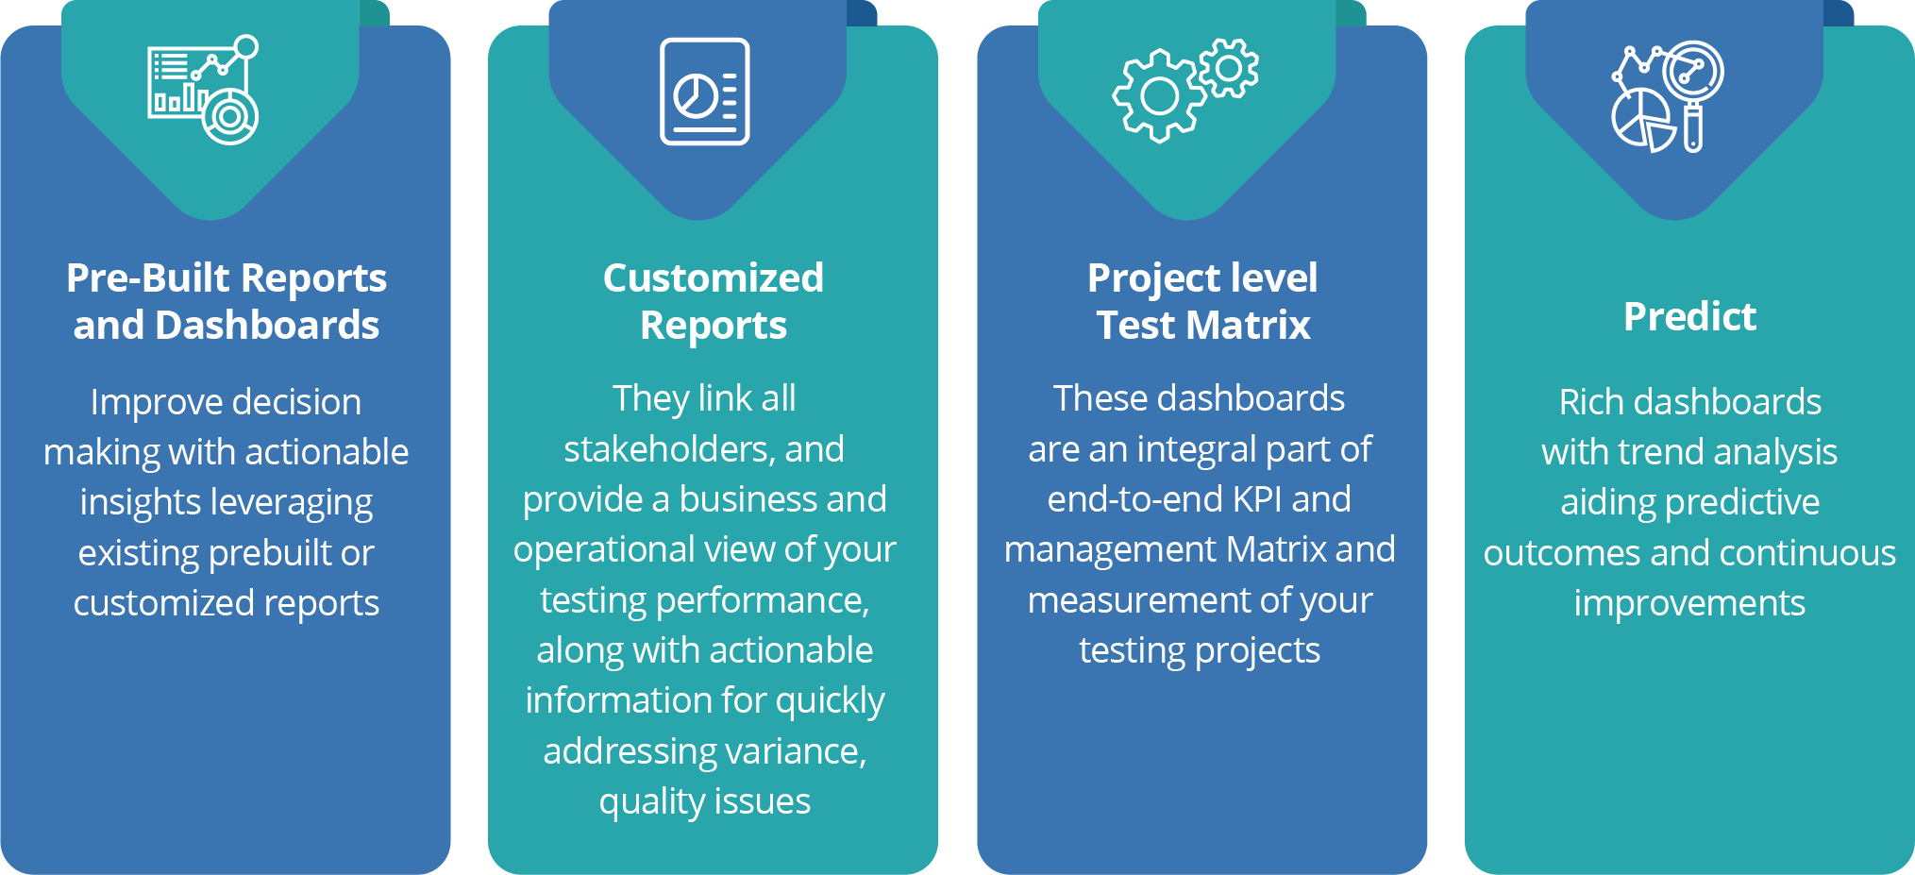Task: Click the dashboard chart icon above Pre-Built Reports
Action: coord(203,91)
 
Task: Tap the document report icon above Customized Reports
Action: coord(704,92)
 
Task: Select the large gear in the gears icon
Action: coord(1160,96)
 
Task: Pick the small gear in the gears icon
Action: coord(1229,67)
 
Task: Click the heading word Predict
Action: coord(1689,317)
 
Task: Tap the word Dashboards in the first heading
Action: coord(267,326)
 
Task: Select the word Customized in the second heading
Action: coord(714,278)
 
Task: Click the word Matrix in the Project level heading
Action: coord(1248,326)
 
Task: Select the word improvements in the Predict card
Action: coord(1689,603)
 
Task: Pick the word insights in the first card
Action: coord(140,503)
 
